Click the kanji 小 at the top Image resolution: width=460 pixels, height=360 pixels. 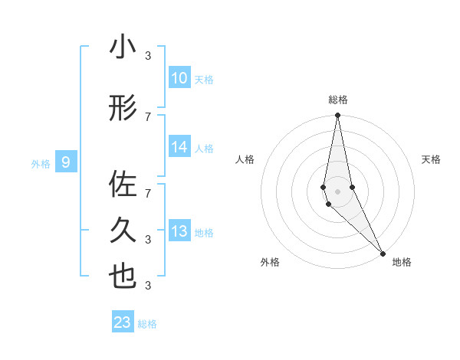[x=123, y=47]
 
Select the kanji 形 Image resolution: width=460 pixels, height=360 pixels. [x=123, y=110]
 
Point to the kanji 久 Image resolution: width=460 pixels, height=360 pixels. [x=123, y=229]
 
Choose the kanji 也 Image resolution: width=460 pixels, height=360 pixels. [x=123, y=277]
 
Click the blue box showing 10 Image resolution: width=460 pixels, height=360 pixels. [x=179, y=78]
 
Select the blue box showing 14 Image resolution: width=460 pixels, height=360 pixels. [x=179, y=148]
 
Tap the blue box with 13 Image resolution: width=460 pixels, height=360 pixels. [x=179, y=232]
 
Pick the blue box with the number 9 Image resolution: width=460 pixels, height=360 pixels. [x=66, y=162]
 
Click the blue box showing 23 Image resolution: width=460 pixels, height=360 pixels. [x=122, y=322]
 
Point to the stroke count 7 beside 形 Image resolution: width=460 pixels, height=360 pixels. [x=148, y=116]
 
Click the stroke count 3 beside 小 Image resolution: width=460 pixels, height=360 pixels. [x=148, y=55]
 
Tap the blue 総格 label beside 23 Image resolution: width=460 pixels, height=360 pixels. [x=147, y=324]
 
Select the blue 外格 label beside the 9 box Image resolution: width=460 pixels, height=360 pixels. [x=41, y=163]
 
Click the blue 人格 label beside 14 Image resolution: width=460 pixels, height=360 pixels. [x=204, y=149]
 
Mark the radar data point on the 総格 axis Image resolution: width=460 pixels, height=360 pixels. [x=337, y=116]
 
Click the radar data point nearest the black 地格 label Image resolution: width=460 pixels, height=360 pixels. [x=382, y=253]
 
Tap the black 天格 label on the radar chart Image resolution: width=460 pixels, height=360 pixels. [x=432, y=159]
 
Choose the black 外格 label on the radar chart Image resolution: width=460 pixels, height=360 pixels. [x=270, y=262]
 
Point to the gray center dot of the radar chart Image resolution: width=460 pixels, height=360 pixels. [x=337, y=191]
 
